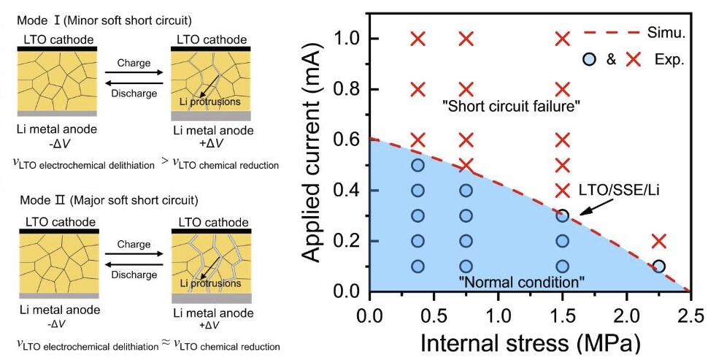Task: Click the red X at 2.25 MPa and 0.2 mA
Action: [x=658, y=241]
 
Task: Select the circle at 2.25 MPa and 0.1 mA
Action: [x=658, y=267]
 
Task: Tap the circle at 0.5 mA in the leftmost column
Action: [x=418, y=165]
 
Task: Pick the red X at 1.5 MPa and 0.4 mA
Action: [x=562, y=191]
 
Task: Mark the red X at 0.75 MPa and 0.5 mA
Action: [x=466, y=165]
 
